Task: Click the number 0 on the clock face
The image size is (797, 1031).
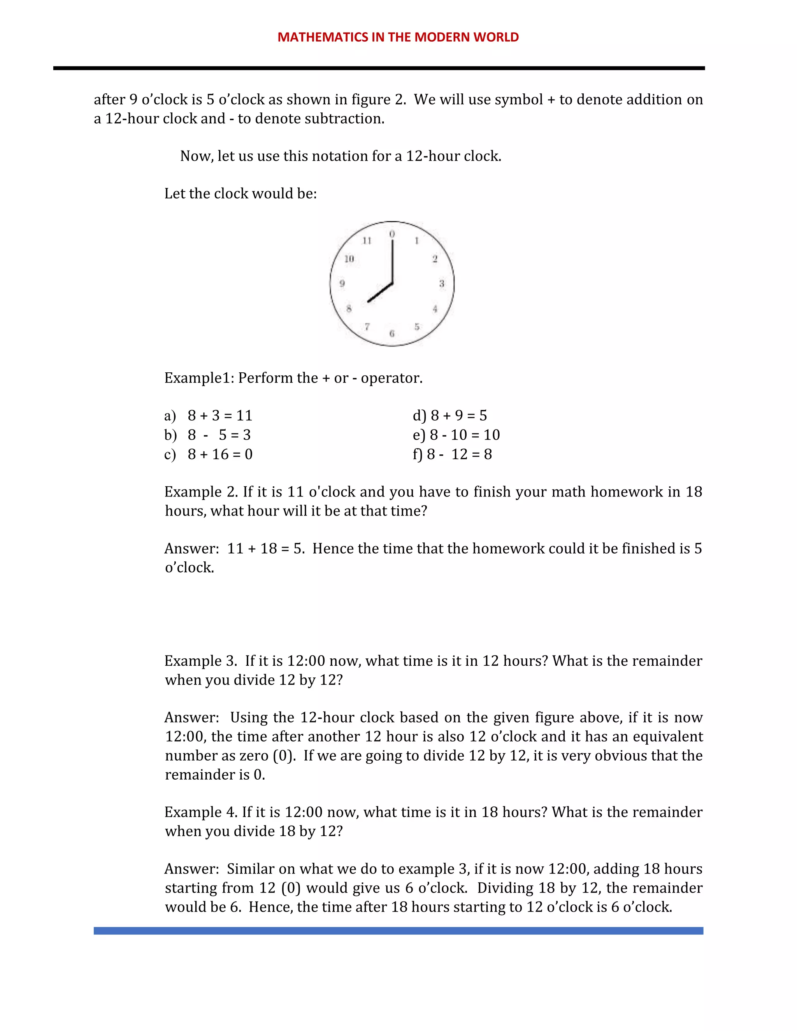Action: (x=392, y=234)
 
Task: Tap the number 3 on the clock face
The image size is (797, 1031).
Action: (x=441, y=284)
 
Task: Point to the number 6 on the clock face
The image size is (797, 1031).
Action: (x=392, y=334)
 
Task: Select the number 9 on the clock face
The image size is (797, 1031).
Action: (x=342, y=284)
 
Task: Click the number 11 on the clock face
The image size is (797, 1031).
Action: (x=367, y=241)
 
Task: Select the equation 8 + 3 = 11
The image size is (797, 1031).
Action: (x=220, y=416)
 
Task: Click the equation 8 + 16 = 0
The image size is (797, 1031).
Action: (x=220, y=454)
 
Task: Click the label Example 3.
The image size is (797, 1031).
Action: (x=200, y=661)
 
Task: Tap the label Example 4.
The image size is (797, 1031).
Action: (x=200, y=812)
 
